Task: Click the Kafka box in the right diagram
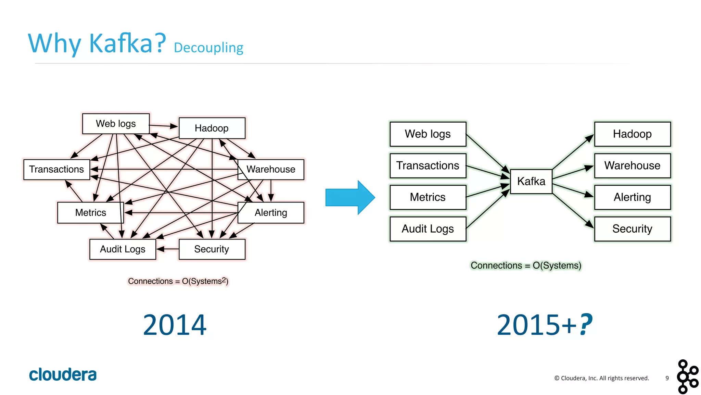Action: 531,181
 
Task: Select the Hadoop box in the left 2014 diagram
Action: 212,128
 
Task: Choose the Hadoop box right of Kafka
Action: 632,134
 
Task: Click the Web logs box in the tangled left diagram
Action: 116,124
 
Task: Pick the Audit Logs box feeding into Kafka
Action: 428,229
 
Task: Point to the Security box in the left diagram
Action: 212,249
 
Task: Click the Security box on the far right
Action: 632,229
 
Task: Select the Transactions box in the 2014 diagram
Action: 56,169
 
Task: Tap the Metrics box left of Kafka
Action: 428,197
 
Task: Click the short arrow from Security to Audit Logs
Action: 167,249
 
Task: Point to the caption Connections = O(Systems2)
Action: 178,281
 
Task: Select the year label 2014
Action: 175,325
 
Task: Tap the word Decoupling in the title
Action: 208,48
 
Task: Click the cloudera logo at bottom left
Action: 63,374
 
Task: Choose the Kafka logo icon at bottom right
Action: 687,377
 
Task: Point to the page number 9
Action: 667,378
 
